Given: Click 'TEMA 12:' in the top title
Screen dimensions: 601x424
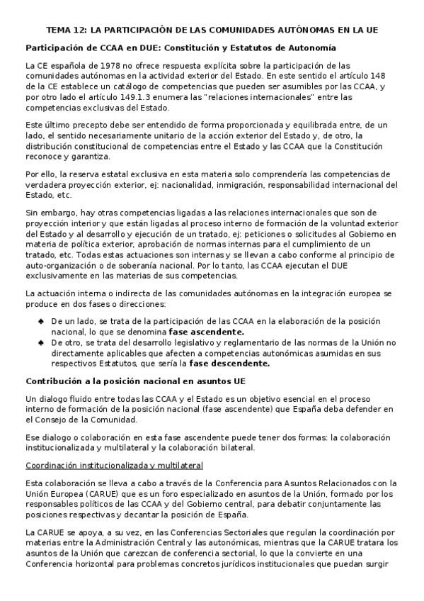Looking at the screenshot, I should [x=66, y=30].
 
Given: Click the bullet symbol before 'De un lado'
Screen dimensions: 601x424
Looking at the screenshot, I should [x=42, y=322].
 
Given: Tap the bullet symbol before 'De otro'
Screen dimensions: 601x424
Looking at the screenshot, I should [x=42, y=342].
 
